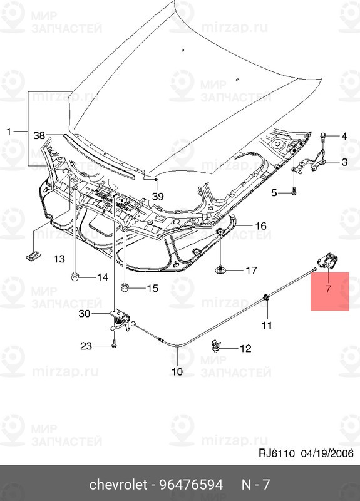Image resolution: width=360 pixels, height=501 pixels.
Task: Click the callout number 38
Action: (x=39, y=135)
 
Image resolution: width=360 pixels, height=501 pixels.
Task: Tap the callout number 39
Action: (x=158, y=196)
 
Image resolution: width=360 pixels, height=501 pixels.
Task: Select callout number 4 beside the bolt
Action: (x=344, y=136)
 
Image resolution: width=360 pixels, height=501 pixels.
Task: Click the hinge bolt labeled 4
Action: (x=323, y=136)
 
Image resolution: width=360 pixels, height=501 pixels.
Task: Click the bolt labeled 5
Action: (x=293, y=193)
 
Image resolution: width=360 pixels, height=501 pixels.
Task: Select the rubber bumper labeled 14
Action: (x=75, y=276)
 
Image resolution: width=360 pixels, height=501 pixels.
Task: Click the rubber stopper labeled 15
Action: (x=125, y=287)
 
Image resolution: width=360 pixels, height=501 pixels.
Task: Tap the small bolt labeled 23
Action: (x=115, y=344)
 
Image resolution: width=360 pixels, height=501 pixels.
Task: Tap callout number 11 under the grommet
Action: (x=267, y=325)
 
